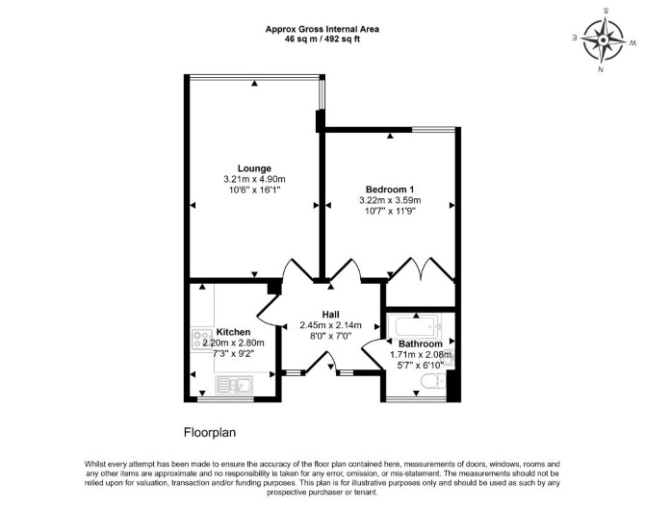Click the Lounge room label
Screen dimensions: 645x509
click(254, 168)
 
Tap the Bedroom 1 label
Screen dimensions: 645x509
click(390, 190)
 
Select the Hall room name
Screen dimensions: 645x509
click(331, 315)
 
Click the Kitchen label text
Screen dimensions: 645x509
click(233, 332)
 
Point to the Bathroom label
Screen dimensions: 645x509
click(421, 344)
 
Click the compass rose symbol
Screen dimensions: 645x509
click(603, 40)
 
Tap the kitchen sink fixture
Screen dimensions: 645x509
click(234, 385)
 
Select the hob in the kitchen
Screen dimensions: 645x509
click(202, 340)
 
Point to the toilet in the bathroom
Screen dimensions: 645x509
click(433, 382)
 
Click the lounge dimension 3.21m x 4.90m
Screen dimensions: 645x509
click(254, 179)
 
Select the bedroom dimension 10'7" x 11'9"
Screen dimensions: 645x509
click(390, 212)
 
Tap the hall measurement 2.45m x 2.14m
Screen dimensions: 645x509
click(331, 325)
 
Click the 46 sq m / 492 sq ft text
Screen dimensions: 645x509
click(322, 39)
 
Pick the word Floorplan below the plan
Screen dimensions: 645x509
click(210, 433)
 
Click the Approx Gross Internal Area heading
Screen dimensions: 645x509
click(322, 29)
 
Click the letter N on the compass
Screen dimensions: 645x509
click(601, 69)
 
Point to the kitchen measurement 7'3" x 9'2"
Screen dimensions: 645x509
click(234, 353)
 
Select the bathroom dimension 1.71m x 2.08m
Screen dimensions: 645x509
click(421, 354)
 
